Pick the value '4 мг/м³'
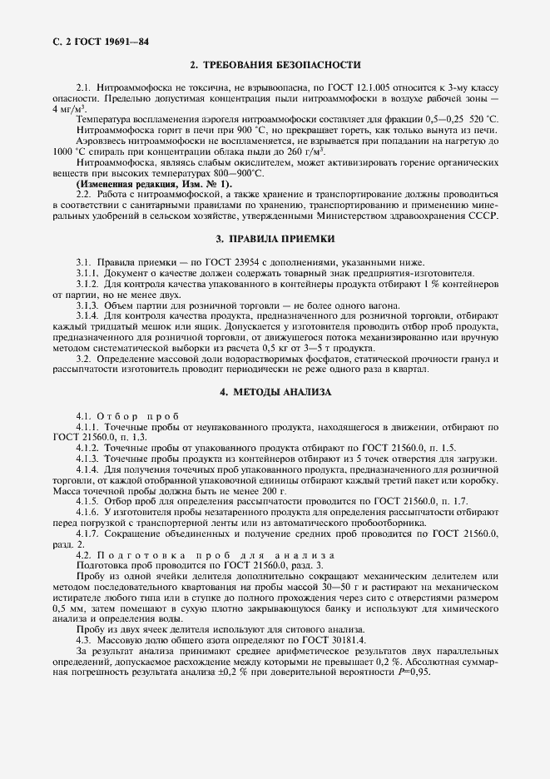[68, 109]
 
